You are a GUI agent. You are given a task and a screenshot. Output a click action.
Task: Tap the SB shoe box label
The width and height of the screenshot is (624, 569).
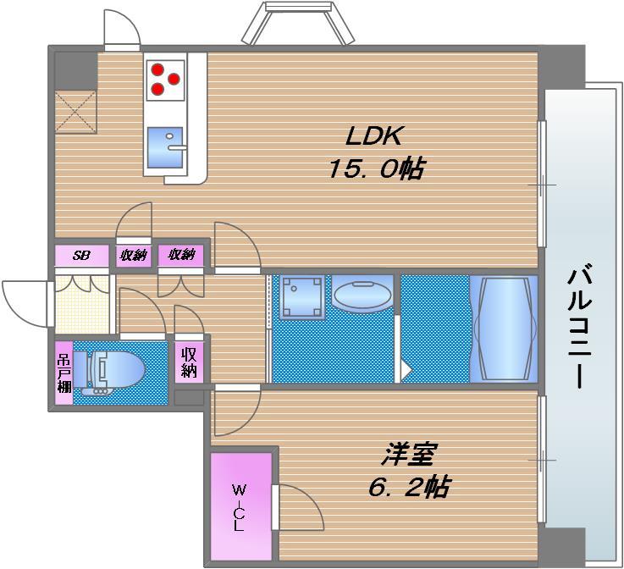click(x=81, y=255)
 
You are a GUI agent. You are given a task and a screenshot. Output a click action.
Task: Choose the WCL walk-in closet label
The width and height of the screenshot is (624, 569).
click(x=240, y=506)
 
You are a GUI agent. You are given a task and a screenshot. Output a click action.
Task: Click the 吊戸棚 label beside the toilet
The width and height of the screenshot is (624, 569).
click(x=64, y=372)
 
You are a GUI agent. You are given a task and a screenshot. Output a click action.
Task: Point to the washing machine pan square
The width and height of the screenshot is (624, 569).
click(x=302, y=297)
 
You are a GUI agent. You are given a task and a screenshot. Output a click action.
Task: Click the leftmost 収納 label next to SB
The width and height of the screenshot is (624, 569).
click(x=132, y=255)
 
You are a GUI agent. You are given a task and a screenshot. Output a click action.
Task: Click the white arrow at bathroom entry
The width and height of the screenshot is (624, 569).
click(x=406, y=370)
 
